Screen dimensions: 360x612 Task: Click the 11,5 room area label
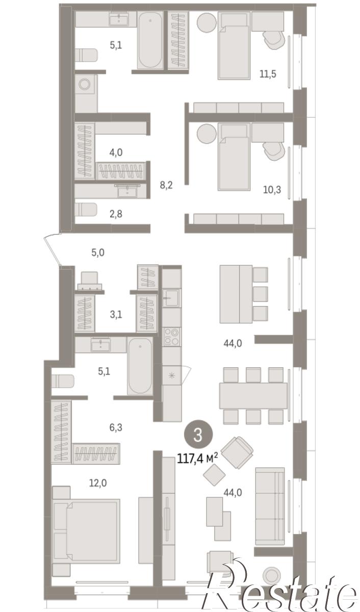pos(268,74)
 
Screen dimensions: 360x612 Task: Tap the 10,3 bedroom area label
pos(272,190)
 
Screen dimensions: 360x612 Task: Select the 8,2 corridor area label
pos(166,186)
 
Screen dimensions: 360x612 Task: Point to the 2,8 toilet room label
pos(116,214)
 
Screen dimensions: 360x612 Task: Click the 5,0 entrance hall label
pos(98,253)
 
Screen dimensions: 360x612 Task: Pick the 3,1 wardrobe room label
pos(116,315)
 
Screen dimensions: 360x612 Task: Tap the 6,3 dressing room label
pos(116,427)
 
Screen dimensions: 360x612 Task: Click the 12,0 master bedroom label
pos(98,483)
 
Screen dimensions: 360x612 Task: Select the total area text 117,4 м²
pos(197,458)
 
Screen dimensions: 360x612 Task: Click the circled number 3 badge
pos(198,435)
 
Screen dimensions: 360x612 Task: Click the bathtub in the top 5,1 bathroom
pos(150,40)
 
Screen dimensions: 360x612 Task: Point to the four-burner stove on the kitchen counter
pos(171,337)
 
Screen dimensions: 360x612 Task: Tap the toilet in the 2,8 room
pos(86,210)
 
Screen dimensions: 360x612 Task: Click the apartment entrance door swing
pos(53,249)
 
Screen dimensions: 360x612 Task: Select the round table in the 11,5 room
pos(207,22)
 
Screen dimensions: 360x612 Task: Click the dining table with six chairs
pos(253,396)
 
